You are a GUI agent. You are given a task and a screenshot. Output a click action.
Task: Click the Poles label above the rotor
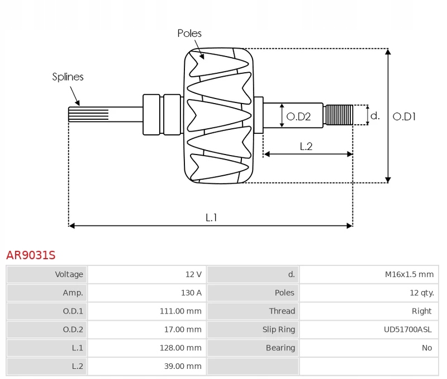tap(189, 34)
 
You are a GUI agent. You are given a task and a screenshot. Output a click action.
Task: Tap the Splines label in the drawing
tap(68, 77)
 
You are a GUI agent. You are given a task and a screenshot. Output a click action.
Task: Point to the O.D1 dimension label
tap(404, 116)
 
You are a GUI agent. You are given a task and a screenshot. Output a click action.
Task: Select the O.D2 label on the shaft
tap(298, 116)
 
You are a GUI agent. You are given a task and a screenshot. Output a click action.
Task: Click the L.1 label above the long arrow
tap(211, 218)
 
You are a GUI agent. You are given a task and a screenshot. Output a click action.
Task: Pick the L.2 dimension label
tap(306, 147)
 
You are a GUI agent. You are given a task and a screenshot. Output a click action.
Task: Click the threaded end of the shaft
tap(339, 115)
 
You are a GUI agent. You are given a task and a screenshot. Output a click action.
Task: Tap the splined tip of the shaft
tap(88, 114)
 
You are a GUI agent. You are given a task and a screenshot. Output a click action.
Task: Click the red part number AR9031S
tap(31, 255)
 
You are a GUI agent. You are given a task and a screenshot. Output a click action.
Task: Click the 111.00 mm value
tap(180, 311)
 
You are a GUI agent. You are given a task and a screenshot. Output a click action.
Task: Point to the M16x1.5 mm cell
tap(409, 274)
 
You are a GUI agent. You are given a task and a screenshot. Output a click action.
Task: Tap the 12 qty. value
tap(422, 293)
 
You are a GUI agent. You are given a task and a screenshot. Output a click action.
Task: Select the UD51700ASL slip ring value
tap(408, 329)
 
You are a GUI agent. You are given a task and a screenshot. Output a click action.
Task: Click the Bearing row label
tap(280, 348)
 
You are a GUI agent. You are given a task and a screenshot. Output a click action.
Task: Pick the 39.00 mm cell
tap(183, 366)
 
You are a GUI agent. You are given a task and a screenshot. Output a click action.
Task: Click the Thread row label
tap(282, 311)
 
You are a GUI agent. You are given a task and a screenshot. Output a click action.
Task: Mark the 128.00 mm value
tap(180, 348)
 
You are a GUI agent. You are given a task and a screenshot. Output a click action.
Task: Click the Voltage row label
tap(69, 274)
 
